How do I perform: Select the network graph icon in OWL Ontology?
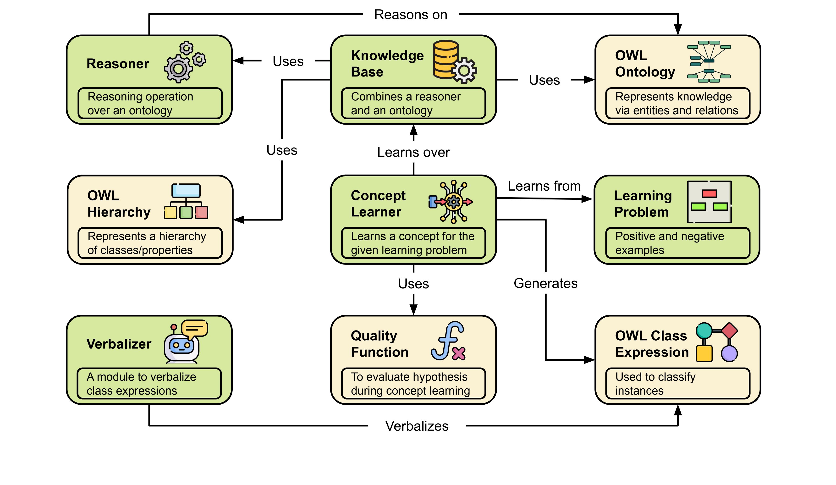click(x=709, y=62)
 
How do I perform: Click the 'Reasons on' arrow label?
click(x=410, y=15)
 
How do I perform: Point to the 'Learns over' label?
click(x=413, y=152)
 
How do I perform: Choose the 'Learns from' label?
click(x=544, y=186)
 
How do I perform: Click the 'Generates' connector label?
click(x=545, y=283)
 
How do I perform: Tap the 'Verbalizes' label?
click(x=417, y=426)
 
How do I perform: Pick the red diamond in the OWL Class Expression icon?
click(x=729, y=331)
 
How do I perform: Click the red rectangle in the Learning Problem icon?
click(x=709, y=193)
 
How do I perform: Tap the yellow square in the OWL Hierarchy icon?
click(x=170, y=212)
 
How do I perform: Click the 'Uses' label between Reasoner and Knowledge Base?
click(x=288, y=61)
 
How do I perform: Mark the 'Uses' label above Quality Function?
click(x=413, y=284)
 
